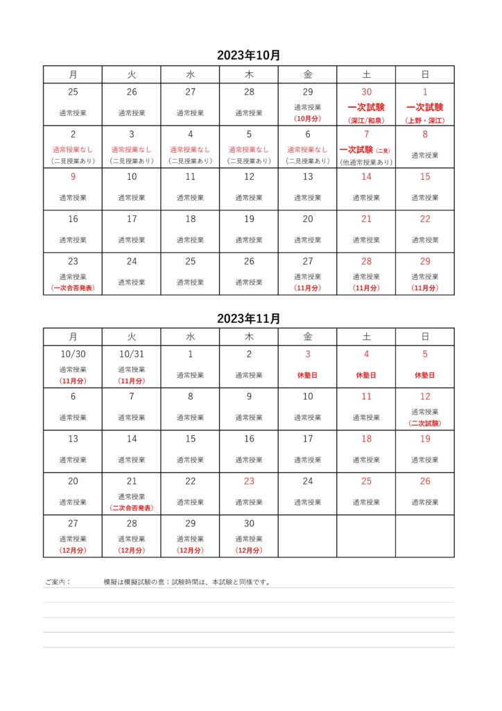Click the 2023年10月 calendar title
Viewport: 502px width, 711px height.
point(249,56)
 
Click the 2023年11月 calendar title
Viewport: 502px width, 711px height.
point(249,319)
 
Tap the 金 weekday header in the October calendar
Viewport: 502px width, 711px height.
point(308,74)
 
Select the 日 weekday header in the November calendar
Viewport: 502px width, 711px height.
point(425,337)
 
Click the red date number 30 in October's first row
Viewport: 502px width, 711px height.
point(366,92)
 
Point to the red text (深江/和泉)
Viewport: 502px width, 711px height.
point(366,120)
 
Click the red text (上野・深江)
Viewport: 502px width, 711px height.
point(425,120)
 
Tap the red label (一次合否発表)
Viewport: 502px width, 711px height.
point(73,287)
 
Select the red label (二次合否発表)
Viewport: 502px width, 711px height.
point(132,508)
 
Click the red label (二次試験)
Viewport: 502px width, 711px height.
point(425,423)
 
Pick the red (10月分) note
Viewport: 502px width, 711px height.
point(308,118)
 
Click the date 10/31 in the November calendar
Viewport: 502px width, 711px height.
point(132,354)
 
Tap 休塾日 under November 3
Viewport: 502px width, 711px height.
point(308,375)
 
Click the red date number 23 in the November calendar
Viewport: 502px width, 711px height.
point(249,480)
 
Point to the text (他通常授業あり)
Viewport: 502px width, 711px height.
point(366,162)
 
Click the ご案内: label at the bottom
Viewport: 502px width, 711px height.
point(58,583)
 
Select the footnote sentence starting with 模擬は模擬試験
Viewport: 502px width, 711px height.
point(187,583)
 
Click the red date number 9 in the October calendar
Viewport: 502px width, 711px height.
point(73,176)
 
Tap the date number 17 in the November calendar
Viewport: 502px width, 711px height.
point(308,439)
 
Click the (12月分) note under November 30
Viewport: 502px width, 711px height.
point(249,550)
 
